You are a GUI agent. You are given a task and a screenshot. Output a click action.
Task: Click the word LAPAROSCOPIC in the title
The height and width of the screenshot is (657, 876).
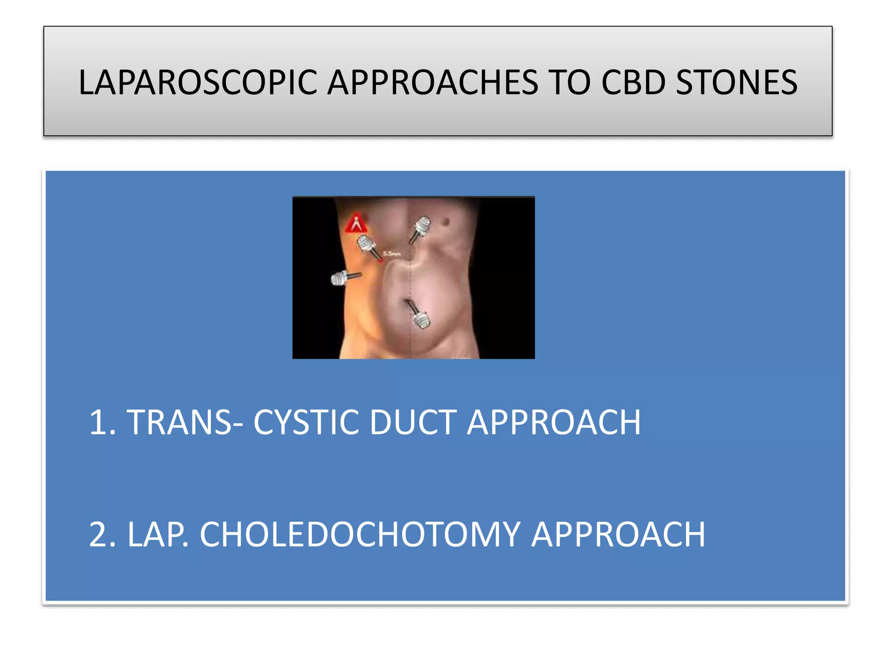coord(198,83)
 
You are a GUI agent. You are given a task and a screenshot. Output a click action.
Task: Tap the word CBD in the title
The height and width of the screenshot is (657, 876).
coord(633,83)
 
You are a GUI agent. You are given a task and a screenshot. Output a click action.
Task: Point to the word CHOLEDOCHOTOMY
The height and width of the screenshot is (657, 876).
coord(360,535)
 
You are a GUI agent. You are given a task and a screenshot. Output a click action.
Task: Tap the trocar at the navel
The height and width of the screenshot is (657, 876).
coord(418,316)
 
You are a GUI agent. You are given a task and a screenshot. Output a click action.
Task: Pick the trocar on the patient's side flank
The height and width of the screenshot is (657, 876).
coord(342,278)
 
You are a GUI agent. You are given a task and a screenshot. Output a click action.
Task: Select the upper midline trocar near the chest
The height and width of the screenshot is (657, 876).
coord(420,228)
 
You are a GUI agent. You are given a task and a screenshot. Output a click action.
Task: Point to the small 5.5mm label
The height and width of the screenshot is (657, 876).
coord(392,254)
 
